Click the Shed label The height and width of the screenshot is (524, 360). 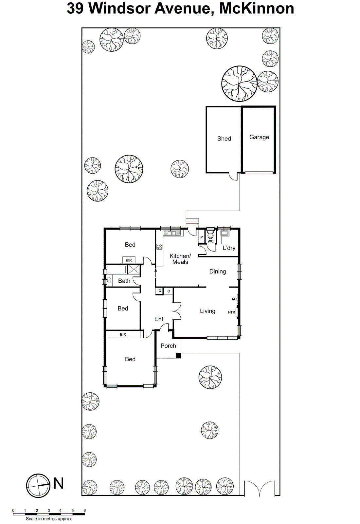[224, 139]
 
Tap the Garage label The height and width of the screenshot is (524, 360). [259, 137]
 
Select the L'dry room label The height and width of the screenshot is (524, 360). [229, 248]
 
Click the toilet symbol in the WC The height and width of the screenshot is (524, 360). [210, 235]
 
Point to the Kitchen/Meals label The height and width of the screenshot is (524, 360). [180, 259]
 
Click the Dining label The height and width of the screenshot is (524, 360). [218, 271]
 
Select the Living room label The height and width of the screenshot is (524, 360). [207, 311]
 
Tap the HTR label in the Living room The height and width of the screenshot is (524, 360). [231, 312]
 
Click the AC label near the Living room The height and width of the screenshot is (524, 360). [234, 299]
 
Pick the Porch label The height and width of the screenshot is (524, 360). [168, 346]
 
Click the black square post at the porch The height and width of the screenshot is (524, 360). [178, 356]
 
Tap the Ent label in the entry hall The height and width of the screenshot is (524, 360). [159, 319]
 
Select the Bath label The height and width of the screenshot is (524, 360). [124, 281]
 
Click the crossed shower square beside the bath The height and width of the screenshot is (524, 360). [134, 270]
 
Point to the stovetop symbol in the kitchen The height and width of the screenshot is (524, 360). [159, 247]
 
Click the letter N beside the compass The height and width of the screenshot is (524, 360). [59, 483]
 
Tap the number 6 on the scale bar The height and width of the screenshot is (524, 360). [84, 510]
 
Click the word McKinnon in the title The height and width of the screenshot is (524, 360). [257, 8]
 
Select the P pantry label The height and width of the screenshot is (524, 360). [202, 237]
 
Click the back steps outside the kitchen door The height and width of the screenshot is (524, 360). [192, 222]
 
